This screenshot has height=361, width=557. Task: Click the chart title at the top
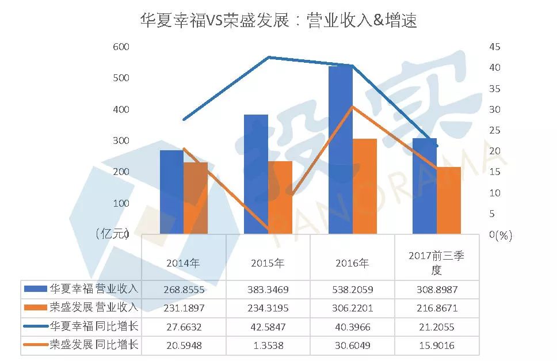click(278, 21)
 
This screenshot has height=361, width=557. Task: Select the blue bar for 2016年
click(340, 150)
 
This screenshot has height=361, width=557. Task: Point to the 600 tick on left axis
click(121, 47)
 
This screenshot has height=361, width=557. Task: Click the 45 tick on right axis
click(495, 47)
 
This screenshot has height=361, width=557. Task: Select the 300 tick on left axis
click(121, 140)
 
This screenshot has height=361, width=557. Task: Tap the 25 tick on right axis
click(495, 130)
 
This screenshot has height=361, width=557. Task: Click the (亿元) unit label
click(111, 233)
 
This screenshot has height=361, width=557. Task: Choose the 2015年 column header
click(268, 263)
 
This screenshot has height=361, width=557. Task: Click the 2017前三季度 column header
click(436, 263)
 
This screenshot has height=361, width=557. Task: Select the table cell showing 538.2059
click(352, 289)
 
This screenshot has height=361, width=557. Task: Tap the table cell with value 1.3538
click(268, 345)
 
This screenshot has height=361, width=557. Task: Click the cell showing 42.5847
click(268, 326)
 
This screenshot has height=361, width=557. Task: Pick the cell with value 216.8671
click(436, 308)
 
